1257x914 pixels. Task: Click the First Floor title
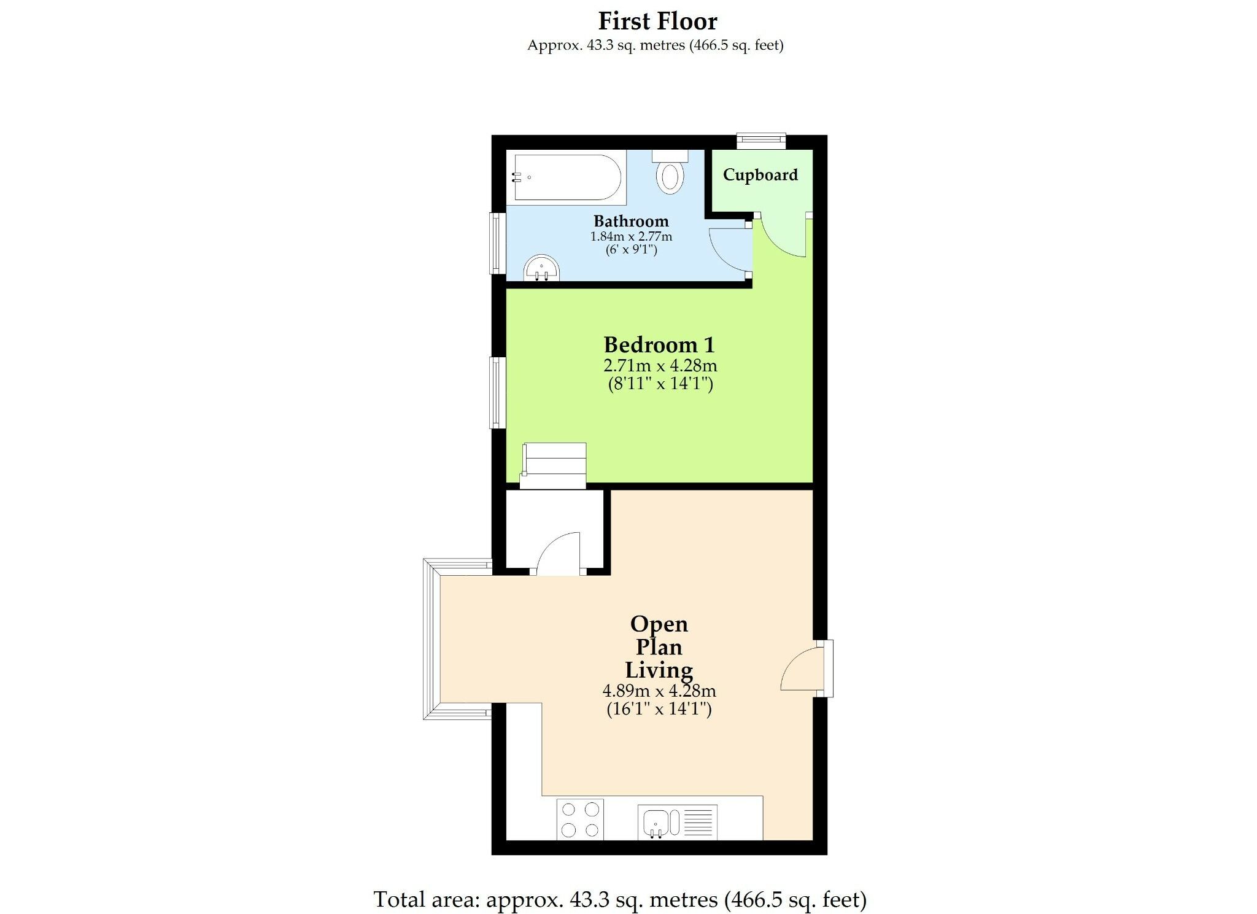[x=657, y=21]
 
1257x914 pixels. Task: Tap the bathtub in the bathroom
[x=566, y=177]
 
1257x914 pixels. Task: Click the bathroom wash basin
[x=541, y=269]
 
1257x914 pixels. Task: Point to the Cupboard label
[x=760, y=175]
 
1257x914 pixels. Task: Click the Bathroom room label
[x=631, y=221]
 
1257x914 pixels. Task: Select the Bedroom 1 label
[x=659, y=345]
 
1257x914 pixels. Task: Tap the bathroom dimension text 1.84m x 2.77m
[x=631, y=236]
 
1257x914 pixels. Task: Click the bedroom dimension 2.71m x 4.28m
[x=660, y=366]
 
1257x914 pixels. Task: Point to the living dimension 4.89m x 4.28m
[x=659, y=691]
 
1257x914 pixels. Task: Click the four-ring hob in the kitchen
[x=580, y=819]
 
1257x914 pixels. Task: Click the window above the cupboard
[x=761, y=141]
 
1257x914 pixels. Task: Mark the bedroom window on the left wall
[x=497, y=392]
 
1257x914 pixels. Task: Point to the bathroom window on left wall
[x=497, y=243]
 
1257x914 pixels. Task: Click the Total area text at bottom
[x=620, y=899]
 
